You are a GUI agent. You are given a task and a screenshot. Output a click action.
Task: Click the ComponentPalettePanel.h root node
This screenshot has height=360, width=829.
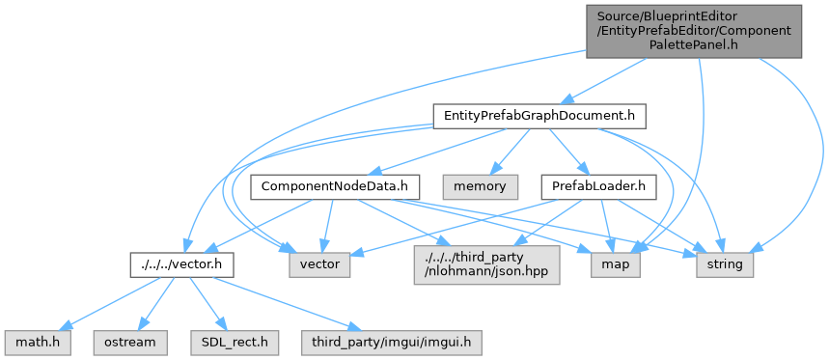point(694,31)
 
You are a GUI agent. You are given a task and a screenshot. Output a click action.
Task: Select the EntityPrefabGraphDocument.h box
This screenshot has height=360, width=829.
point(539,116)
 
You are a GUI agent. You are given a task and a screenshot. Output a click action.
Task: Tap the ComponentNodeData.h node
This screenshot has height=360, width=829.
point(335,187)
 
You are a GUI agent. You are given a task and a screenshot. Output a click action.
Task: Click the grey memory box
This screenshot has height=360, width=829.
point(481,187)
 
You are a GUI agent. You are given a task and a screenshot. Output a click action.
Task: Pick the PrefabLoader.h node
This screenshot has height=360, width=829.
point(599,187)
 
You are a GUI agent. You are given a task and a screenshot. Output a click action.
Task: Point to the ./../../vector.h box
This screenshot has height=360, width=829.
point(182,264)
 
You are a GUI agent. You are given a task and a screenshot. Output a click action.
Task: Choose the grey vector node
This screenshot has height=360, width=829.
point(319,264)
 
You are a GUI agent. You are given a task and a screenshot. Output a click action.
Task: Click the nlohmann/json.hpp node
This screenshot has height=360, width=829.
point(486,264)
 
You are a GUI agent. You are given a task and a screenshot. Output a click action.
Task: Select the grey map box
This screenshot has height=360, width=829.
point(616,264)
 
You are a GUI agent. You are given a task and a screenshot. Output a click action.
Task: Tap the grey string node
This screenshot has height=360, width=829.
point(725,264)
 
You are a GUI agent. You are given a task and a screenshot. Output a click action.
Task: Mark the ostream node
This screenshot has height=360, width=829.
point(130,343)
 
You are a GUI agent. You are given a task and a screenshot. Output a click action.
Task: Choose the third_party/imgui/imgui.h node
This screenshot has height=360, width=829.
point(392,343)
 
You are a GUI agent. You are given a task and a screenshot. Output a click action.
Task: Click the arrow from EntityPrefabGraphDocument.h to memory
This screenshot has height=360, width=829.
point(510,152)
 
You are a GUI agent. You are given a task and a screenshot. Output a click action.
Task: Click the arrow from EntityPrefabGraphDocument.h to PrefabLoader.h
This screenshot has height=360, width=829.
point(570,152)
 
